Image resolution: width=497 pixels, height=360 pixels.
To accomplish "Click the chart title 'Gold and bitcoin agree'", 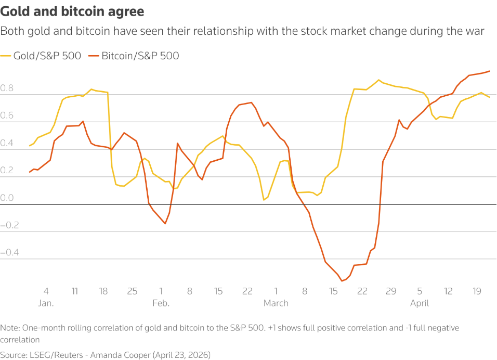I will (x=73, y=11).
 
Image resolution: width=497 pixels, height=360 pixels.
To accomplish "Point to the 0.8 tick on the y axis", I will (x=7, y=89).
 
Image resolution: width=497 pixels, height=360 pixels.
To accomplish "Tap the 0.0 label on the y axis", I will (x=7, y=198).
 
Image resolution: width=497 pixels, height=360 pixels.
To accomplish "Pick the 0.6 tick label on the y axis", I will (x=7, y=117).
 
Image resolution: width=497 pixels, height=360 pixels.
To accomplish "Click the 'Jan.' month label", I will (x=46, y=303).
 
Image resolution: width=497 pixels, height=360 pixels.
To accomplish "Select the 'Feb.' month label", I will (x=161, y=303).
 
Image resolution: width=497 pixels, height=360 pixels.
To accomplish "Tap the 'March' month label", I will (x=276, y=303).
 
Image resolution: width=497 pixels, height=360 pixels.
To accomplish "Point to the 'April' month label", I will (x=420, y=303).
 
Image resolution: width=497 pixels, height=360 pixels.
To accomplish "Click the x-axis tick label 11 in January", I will (x=75, y=291).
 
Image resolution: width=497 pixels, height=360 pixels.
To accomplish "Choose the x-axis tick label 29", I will (x=391, y=291).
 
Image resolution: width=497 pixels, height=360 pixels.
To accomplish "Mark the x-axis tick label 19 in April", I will (x=477, y=291).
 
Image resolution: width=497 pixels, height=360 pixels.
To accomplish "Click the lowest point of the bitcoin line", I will (x=342, y=281).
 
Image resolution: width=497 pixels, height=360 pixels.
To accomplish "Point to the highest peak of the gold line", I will (x=378, y=80).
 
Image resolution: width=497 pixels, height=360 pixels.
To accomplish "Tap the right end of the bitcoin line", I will (x=490, y=71).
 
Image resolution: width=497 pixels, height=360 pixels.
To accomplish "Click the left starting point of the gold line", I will (x=30, y=146).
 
